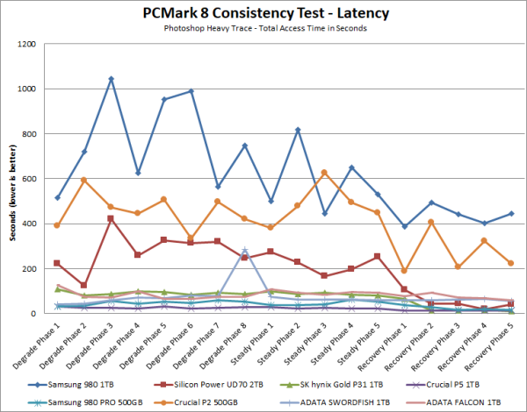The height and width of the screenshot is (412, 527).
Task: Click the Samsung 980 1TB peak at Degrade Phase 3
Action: click(111, 79)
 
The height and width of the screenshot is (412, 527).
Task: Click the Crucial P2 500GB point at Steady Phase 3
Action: click(324, 172)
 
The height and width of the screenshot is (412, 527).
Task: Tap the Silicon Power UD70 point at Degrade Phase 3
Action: click(111, 218)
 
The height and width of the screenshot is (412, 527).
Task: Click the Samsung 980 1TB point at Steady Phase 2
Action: click(298, 130)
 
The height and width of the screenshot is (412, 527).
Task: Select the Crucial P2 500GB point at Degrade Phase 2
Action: click(84, 180)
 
